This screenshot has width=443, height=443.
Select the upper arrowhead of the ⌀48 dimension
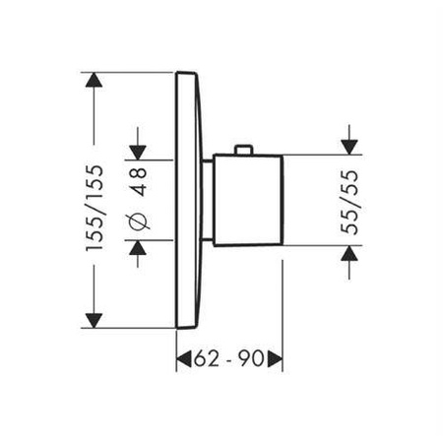(138, 149)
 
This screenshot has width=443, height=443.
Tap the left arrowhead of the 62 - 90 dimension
(183, 361)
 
